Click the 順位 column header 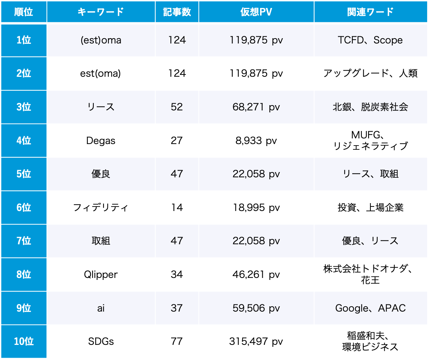(x=23, y=12)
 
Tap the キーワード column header (x=101, y=12)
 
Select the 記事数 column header (x=177, y=12)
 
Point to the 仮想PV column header (x=256, y=12)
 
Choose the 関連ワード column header (x=370, y=12)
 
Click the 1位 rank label (x=23, y=40)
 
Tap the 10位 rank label (x=23, y=341)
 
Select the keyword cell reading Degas (x=101, y=141)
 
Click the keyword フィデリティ (x=101, y=208)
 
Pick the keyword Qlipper (x=101, y=275)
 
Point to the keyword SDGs (x=101, y=341)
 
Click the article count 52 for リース (x=177, y=107)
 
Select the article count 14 (x=177, y=208)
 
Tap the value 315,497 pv (x=256, y=341)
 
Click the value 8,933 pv (x=256, y=141)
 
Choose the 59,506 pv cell (x=256, y=308)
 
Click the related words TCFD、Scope (x=370, y=40)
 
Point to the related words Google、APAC (x=370, y=308)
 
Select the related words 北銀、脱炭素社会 (x=370, y=107)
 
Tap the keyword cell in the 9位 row (x=101, y=308)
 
